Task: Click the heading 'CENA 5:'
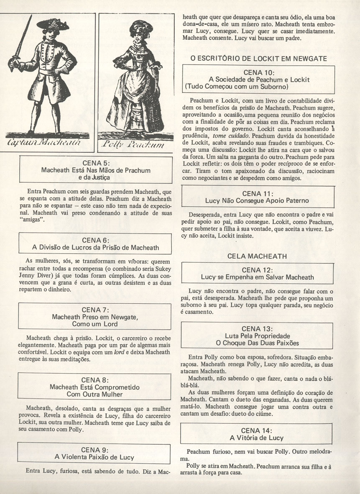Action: click(96, 163)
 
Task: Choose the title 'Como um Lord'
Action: click(95, 324)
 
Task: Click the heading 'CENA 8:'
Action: click(96, 380)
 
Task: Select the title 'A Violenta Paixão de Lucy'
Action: click(95, 457)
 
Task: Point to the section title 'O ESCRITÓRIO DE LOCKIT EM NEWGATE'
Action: click(259, 59)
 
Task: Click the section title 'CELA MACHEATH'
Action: click(257, 256)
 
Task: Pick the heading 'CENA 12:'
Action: click(258, 270)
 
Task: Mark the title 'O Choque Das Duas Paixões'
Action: click(258, 343)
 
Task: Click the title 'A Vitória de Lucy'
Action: click(257, 438)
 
